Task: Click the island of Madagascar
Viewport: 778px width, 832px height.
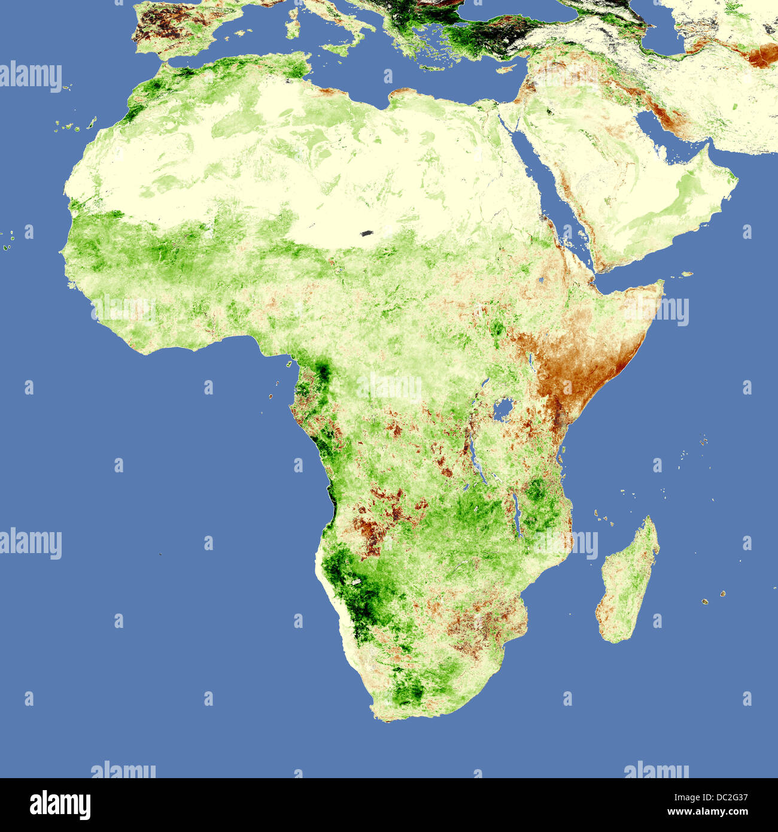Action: pyautogui.click(x=628, y=581)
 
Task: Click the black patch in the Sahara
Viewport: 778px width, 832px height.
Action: pyautogui.click(x=367, y=233)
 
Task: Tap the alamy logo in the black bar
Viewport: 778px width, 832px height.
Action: pyautogui.click(x=60, y=805)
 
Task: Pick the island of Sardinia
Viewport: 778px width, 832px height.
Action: pyautogui.click(x=293, y=24)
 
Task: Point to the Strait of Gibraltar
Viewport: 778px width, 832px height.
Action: pyautogui.click(x=163, y=60)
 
